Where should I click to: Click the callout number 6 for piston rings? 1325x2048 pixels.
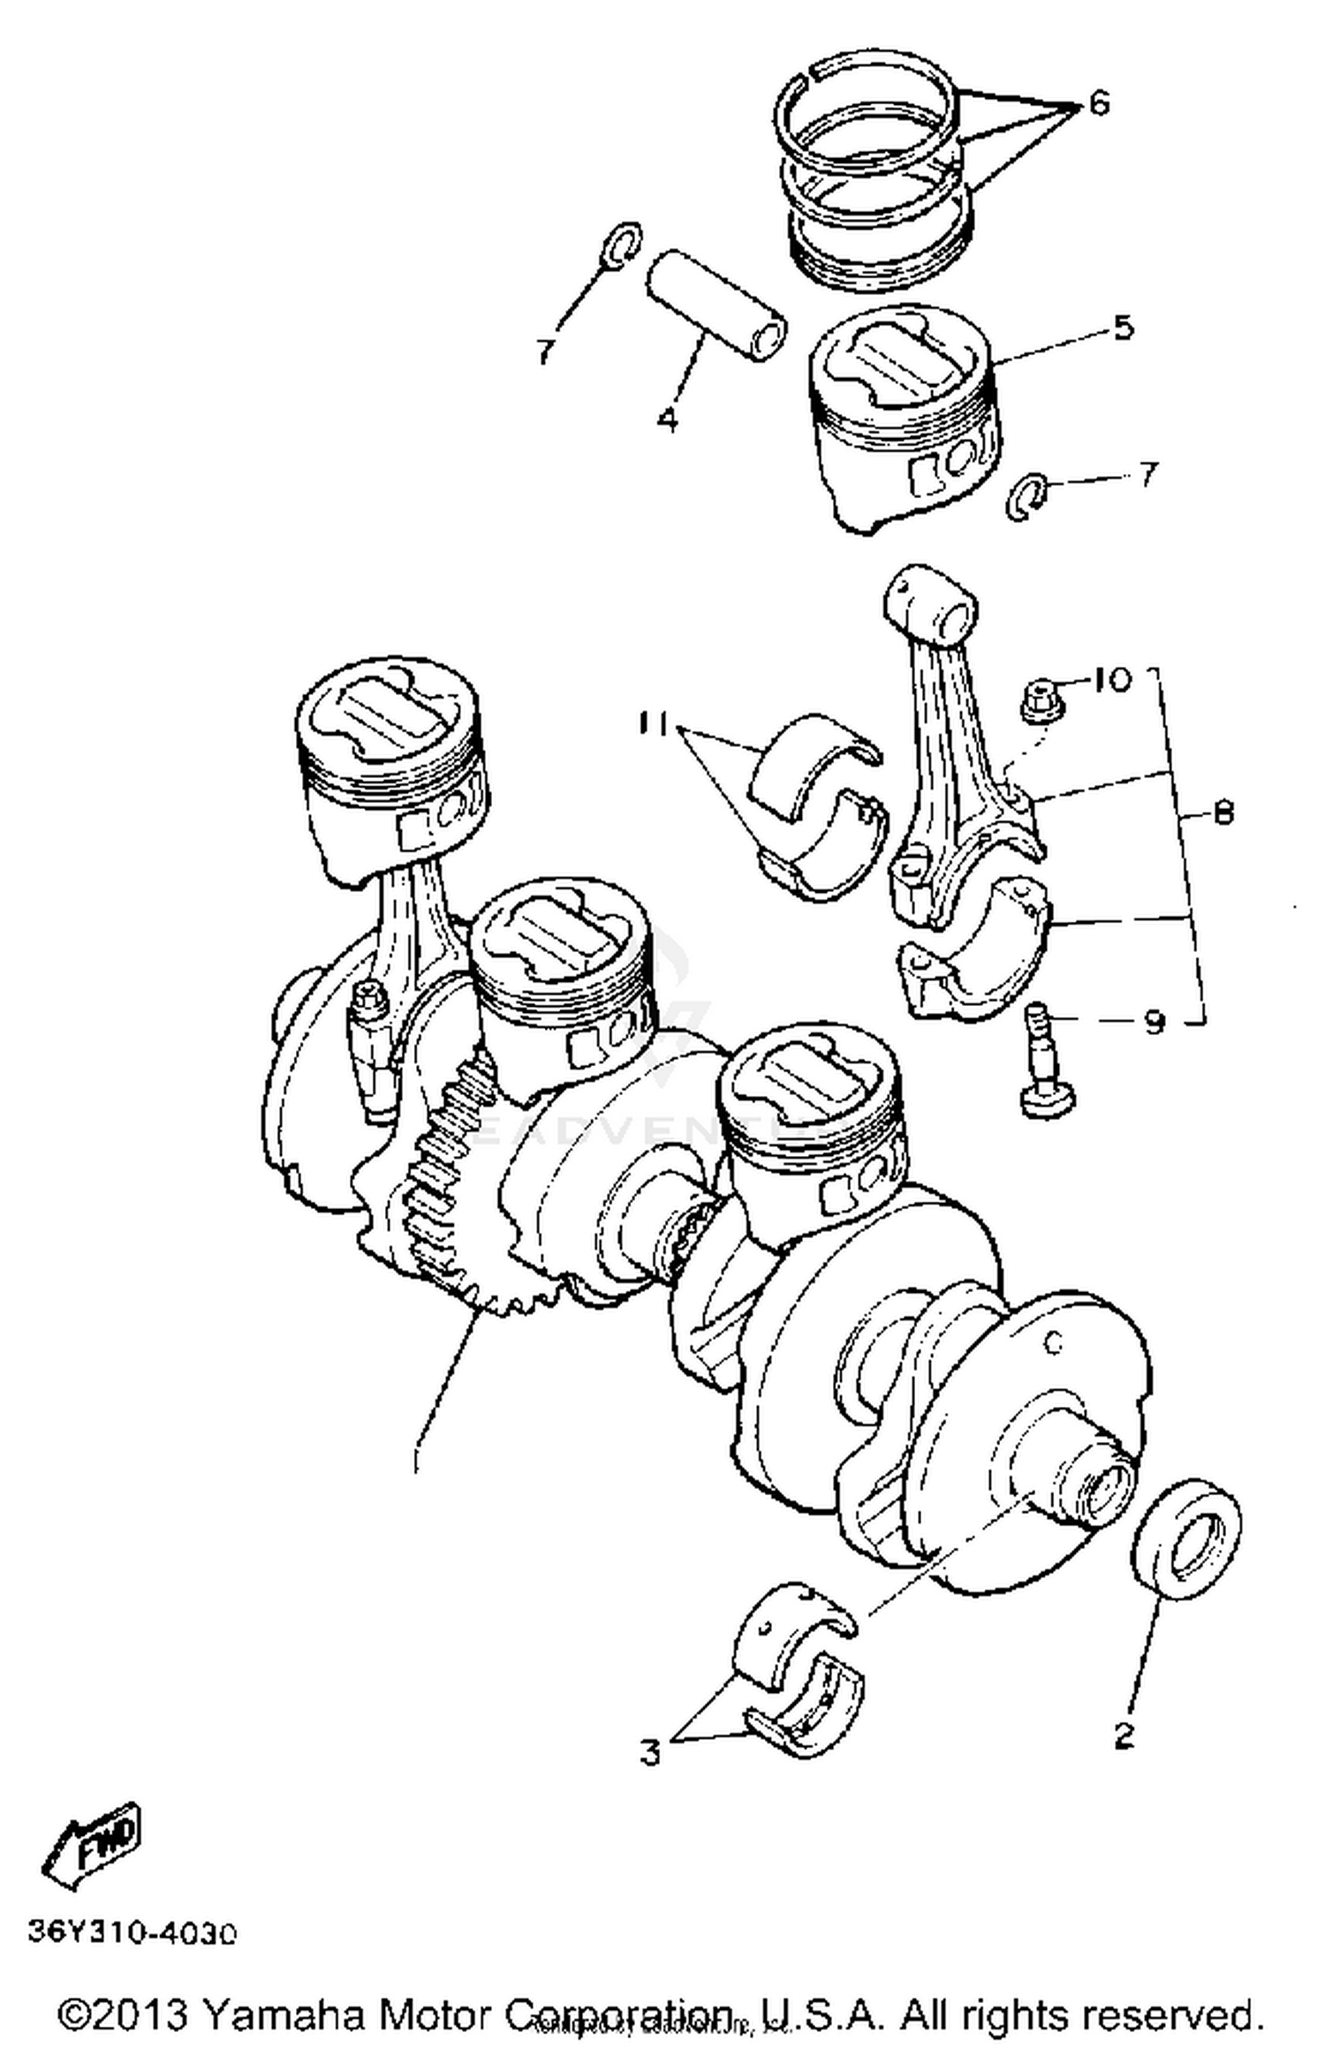[1098, 104]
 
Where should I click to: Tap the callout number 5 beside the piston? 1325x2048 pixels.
[1122, 328]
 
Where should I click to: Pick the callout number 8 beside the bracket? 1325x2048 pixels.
[1223, 812]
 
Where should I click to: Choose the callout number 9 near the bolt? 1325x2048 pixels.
[1155, 1022]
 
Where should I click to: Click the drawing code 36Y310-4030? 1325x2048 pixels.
[132, 1933]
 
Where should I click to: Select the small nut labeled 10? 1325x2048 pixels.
[1044, 697]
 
